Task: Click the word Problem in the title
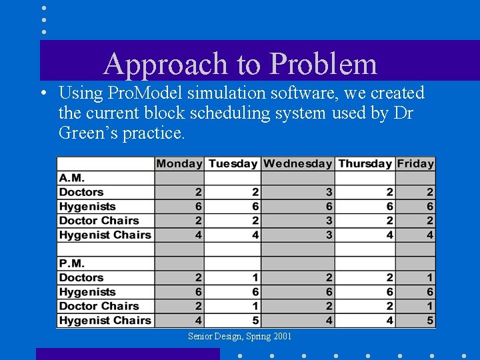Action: coord(323,65)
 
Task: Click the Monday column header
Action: coord(179,164)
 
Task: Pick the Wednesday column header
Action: coord(297,164)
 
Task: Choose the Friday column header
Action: coord(415,164)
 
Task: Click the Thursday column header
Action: coord(365,164)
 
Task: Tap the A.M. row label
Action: coord(72,178)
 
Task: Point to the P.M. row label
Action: coord(72,263)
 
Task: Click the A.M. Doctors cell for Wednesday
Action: coord(297,193)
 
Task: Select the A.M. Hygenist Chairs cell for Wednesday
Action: coord(297,235)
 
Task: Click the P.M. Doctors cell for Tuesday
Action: coord(232,277)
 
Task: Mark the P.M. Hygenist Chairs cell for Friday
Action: coord(415,320)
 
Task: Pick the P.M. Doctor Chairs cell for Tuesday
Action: coord(232,306)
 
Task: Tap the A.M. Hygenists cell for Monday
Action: coord(179,207)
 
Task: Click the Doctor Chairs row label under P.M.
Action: coord(99,306)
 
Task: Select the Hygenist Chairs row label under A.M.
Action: coord(105,235)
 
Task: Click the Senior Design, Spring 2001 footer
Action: coord(239,337)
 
